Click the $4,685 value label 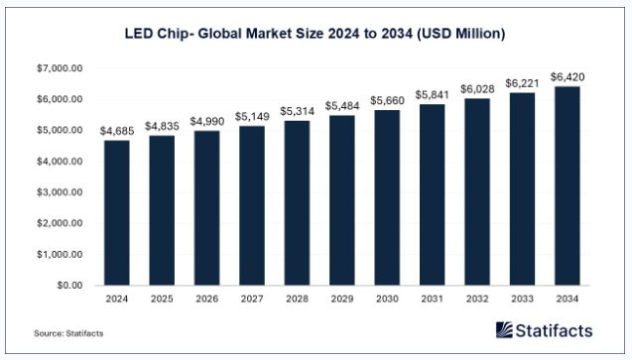[117, 130]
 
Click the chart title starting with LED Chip [316, 34]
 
